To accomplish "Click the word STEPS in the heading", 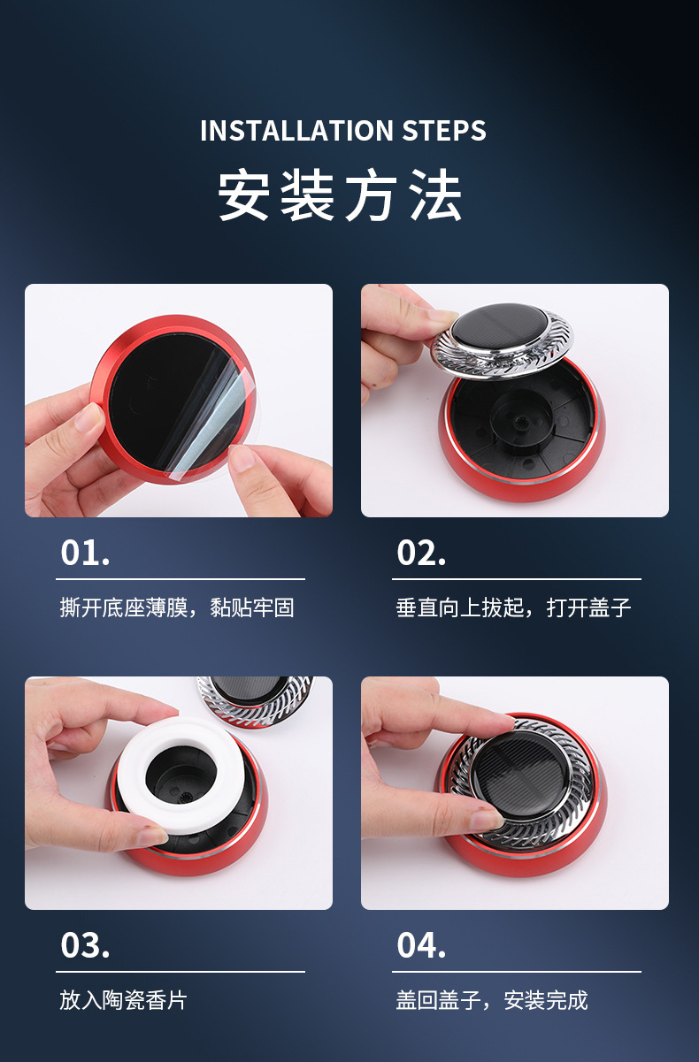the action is [444, 130].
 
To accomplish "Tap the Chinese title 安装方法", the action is [340, 195].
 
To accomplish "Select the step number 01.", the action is [85, 553].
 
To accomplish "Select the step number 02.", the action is [421, 553].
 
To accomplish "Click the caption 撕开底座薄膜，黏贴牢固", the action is [177, 607].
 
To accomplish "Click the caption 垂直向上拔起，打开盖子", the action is [513, 607].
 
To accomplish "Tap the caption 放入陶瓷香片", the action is [123, 1000].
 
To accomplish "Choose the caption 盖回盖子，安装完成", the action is [492, 1000].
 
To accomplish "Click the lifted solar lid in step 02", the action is [502, 340].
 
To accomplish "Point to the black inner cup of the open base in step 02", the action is [522, 417].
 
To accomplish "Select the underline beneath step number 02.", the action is [517, 579].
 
